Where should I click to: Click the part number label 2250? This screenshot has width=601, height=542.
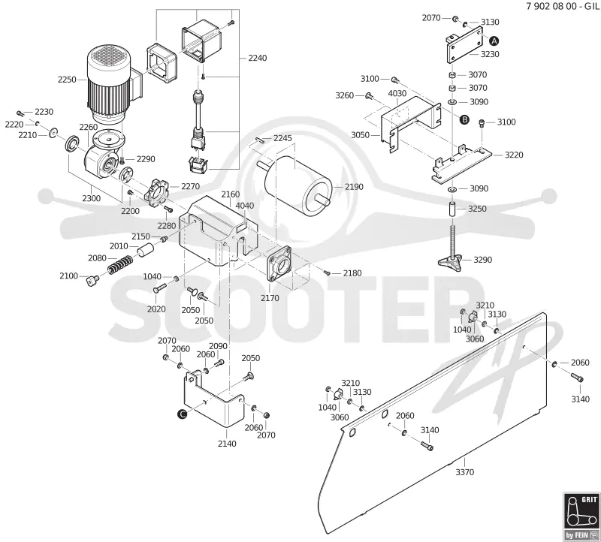(x=67, y=80)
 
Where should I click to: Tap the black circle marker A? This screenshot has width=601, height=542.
(x=494, y=41)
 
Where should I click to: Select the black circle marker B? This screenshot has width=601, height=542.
(x=464, y=120)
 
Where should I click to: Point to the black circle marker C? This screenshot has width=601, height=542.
(x=183, y=414)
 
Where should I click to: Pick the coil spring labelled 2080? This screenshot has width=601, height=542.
(x=120, y=264)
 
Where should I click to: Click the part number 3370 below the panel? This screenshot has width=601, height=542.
(x=464, y=472)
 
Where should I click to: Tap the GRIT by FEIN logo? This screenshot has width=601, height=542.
(x=581, y=516)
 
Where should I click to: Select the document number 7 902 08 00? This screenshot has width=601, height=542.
(x=551, y=6)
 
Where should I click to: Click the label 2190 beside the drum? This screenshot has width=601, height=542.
(x=354, y=187)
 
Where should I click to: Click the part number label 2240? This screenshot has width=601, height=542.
(x=258, y=59)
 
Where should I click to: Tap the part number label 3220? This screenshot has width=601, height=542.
(x=514, y=155)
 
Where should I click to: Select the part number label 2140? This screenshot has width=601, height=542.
(x=227, y=444)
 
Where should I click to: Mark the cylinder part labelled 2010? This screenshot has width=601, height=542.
(x=145, y=250)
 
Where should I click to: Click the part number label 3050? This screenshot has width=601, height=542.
(x=361, y=135)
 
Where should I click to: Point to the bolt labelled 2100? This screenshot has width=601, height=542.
(x=92, y=281)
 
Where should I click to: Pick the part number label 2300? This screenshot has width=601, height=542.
(x=91, y=198)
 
